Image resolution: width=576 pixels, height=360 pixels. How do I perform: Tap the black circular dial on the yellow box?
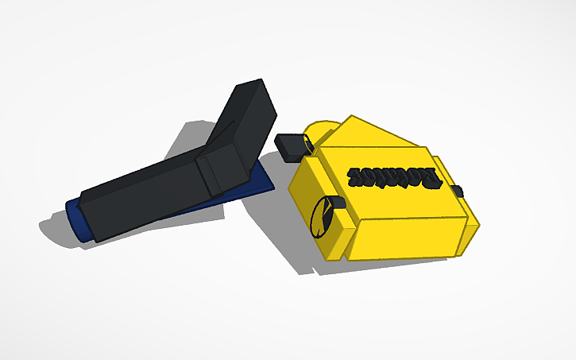click(322, 218)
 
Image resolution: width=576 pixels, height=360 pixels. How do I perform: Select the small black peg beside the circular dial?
click(337, 203)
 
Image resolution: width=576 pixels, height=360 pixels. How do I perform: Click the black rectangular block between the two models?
click(292, 146)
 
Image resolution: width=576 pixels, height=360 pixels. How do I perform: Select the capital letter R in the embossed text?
click(431, 179)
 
